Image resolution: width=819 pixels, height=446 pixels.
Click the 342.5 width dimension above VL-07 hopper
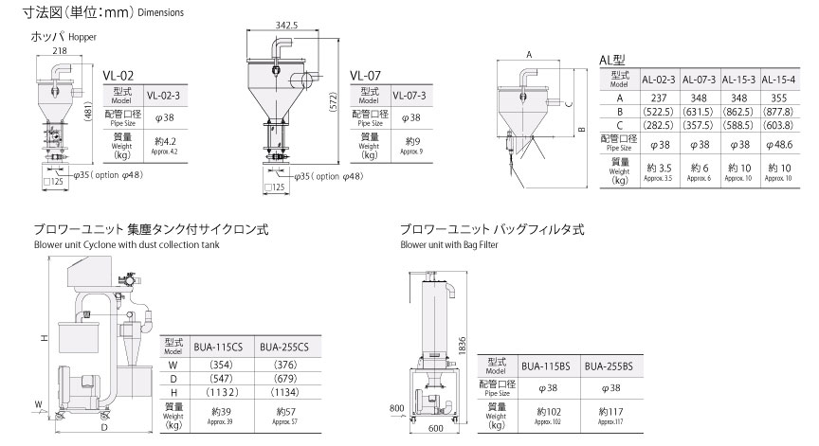[286, 25]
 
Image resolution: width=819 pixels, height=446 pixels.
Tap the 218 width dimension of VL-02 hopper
[60, 50]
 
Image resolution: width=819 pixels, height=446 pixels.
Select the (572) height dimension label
[334, 101]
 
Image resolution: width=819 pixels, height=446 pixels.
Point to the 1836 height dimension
[462, 347]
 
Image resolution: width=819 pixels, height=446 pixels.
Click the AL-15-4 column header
[778, 80]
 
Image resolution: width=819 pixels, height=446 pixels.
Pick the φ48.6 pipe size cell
[779, 145]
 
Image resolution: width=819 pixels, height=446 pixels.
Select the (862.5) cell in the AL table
[738, 112]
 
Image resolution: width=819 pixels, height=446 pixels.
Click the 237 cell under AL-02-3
[659, 98]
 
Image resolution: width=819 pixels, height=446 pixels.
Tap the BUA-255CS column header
[284, 347]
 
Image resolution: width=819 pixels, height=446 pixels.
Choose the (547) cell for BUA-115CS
[221, 378]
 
